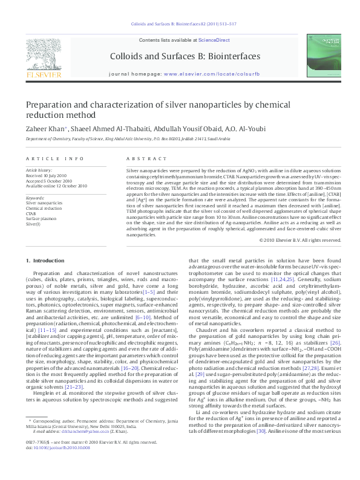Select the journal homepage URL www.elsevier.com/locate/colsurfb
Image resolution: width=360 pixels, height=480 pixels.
click(x=203, y=73)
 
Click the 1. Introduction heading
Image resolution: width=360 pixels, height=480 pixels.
click(x=45, y=261)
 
